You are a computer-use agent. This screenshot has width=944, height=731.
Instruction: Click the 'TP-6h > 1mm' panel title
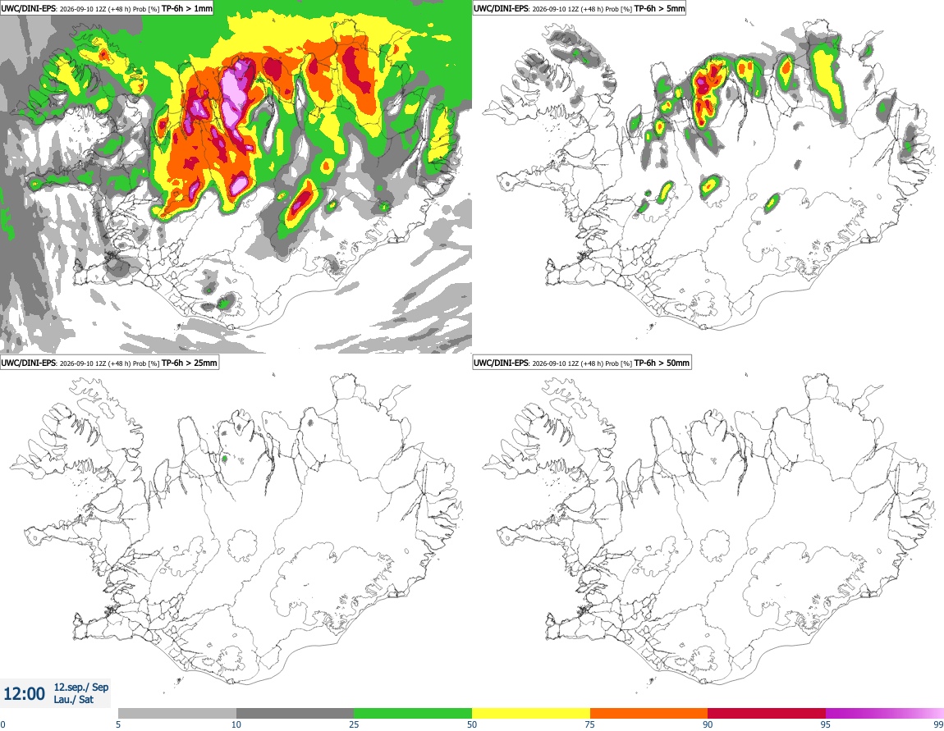coord(186,8)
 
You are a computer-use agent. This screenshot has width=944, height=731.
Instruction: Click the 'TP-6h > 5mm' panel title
coord(659,8)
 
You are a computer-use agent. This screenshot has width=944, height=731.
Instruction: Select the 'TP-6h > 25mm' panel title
coord(189,363)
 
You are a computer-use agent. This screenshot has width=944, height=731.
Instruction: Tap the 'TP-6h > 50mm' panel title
coord(662,363)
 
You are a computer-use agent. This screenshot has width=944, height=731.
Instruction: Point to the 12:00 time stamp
coord(24,694)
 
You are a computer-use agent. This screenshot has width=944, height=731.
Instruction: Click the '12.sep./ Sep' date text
coord(81,687)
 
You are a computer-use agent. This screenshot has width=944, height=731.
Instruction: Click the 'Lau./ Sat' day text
coord(73,700)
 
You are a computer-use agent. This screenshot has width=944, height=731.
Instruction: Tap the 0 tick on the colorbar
coord(2,724)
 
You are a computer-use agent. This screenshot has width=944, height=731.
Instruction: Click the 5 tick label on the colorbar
coord(118,724)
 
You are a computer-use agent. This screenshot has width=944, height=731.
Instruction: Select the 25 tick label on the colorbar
coord(354,724)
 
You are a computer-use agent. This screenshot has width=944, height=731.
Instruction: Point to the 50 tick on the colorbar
coord(472,724)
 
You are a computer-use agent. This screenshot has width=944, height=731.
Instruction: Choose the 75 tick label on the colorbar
coord(590,724)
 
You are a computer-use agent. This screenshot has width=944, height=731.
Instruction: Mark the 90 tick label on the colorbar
coord(708,724)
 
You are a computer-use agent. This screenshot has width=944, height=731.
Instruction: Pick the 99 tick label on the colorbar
coord(938,724)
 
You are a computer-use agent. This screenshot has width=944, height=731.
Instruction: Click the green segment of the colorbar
coord(413,714)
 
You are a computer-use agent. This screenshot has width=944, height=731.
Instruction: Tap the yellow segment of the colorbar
coord(531,714)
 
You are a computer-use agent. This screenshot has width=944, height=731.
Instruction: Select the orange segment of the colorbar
coord(649,714)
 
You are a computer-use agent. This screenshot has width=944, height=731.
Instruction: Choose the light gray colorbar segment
coord(177,714)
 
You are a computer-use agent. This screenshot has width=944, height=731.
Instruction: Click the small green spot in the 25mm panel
coord(224,459)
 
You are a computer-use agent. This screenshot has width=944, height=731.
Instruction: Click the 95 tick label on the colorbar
coord(826,724)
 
